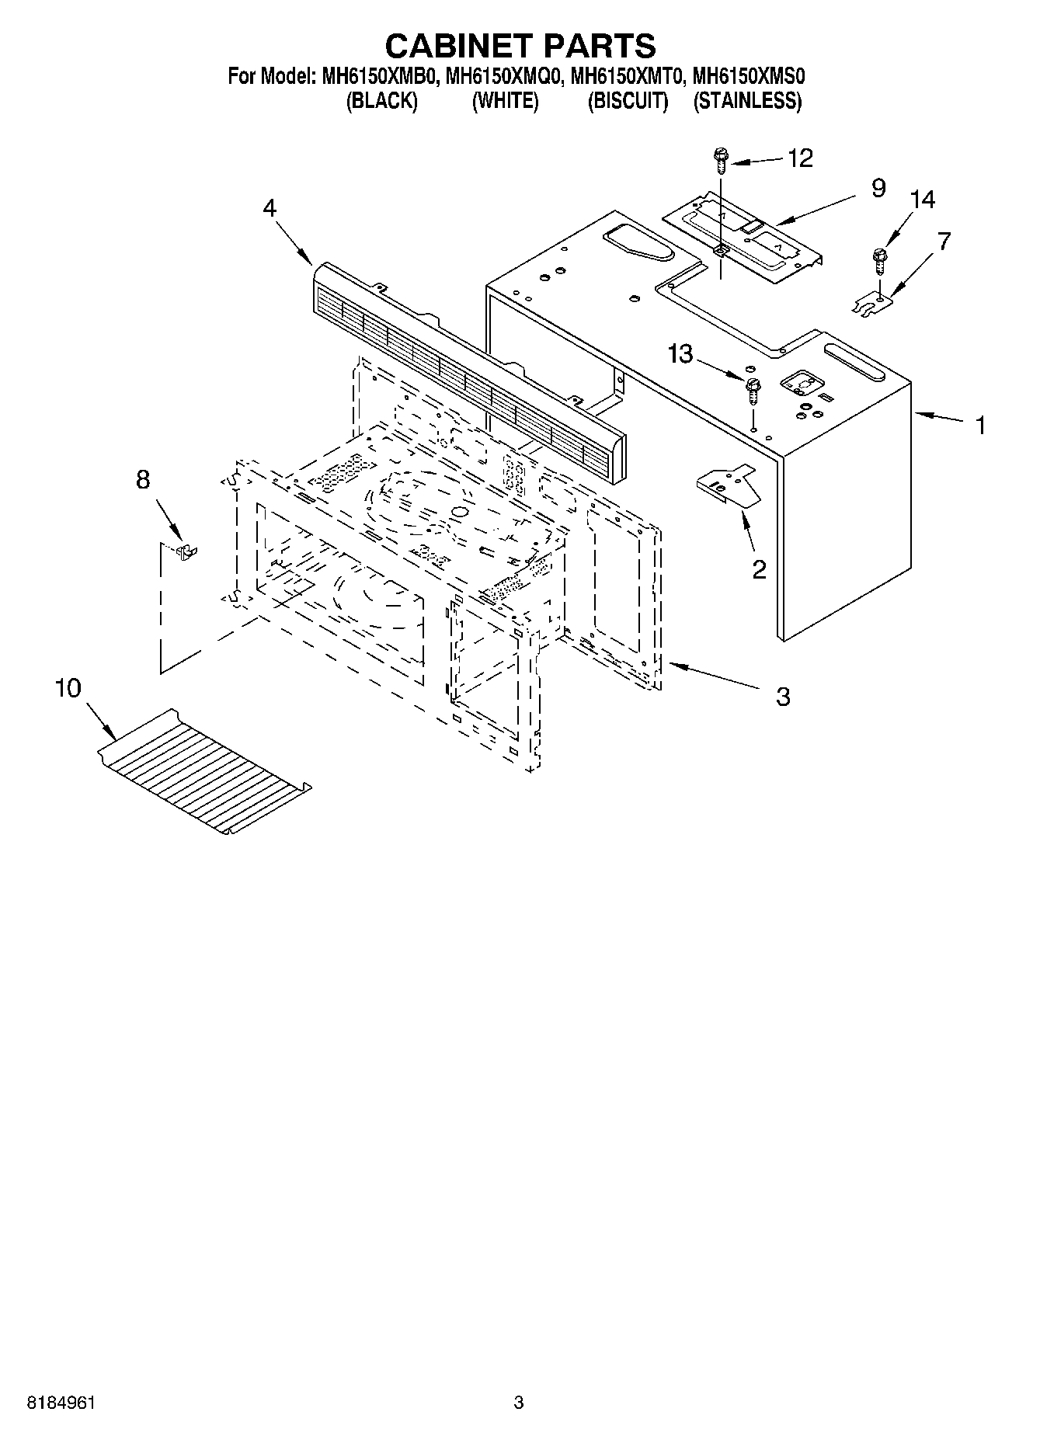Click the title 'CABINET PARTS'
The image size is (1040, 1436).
[520, 46]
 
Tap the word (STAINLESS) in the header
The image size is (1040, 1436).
[747, 101]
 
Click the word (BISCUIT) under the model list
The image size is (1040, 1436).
[628, 101]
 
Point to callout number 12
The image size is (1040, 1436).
[800, 158]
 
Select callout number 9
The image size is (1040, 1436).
[878, 189]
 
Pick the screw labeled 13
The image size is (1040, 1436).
[752, 390]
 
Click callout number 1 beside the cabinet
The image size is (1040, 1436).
[980, 426]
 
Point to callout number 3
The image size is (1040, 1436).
[783, 696]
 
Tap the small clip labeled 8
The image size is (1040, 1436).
[186, 551]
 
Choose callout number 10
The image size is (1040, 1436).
[68, 688]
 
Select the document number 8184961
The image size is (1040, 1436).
[61, 1402]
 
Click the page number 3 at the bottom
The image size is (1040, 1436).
[518, 1402]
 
